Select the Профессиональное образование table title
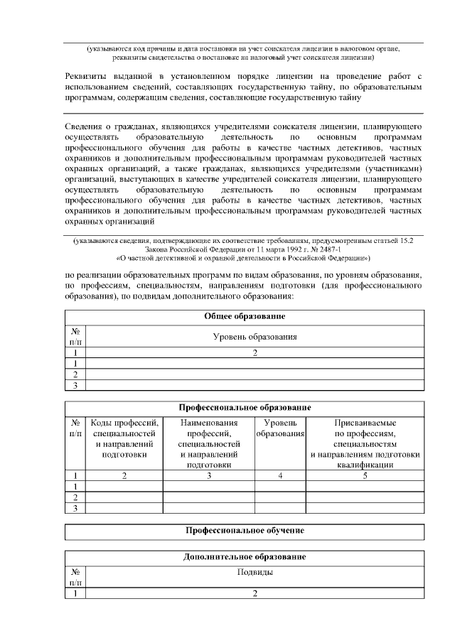pos(245,408)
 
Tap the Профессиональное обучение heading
pos(245,530)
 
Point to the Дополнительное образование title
pos(245,556)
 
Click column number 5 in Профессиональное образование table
pos(365,475)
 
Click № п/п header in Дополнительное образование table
pos(75,576)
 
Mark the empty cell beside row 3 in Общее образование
pos(254,386)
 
